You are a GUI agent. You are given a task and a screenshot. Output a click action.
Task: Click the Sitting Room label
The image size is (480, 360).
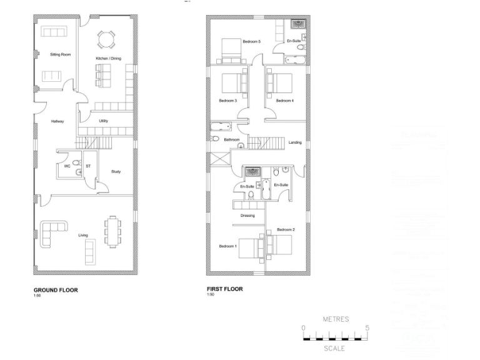click(60, 55)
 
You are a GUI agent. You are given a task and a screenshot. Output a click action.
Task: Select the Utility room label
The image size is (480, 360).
click(104, 121)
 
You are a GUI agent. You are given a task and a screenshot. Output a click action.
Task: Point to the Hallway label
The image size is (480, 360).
click(58, 122)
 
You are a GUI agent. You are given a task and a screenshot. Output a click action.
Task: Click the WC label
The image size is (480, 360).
click(66, 166)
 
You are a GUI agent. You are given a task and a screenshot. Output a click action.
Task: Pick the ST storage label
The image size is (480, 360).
click(87, 166)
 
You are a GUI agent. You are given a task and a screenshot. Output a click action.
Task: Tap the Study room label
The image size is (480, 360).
click(116, 171)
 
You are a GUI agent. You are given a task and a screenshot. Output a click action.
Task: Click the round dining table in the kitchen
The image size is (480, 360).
click(106, 39)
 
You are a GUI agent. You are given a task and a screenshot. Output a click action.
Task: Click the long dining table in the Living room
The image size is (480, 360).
click(112, 231)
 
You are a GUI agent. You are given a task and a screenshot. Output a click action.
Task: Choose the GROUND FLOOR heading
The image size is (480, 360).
click(56, 290)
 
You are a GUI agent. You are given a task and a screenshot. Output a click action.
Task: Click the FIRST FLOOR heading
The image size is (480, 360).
click(224, 289)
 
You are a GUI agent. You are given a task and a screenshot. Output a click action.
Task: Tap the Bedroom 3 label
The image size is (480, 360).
click(227, 100)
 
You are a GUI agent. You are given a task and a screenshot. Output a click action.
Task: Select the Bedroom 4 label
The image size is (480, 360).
click(284, 100)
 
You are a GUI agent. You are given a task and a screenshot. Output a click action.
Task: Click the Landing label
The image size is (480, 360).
click(295, 142)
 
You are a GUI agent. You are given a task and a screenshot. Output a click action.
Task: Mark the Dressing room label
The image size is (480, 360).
click(247, 216)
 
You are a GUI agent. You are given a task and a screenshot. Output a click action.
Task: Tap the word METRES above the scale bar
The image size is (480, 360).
click(336, 319)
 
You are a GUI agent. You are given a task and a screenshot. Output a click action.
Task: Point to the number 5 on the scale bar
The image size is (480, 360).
click(367, 327)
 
